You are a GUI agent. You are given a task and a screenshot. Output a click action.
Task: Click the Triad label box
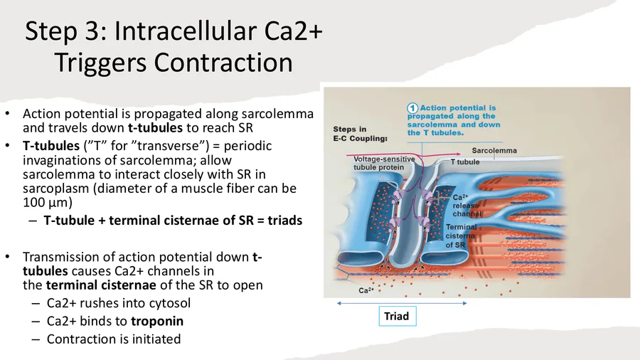[x=398, y=317]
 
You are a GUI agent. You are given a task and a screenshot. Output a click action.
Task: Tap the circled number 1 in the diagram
[x=412, y=108]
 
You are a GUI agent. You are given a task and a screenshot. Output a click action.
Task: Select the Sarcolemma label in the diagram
[x=494, y=151]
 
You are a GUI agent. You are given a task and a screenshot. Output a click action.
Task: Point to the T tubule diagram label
[x=465, y=162]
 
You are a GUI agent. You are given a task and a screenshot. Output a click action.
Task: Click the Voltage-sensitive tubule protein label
[x=384, y=163]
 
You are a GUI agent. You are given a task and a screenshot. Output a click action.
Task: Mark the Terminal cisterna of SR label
[x=462, y=236]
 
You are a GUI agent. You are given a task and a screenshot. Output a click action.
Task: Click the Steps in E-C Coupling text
[x=360, y=134]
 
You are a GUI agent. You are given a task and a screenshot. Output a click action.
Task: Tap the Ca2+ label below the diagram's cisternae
[x=366, y=290]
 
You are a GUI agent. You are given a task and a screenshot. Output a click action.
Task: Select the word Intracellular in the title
[x=186, y=31]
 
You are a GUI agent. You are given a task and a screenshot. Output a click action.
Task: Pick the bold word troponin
[x=157, y=321]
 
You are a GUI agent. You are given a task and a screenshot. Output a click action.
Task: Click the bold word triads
[x=285, y=221]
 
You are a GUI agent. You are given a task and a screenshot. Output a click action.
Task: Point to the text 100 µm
[x=48, y=203]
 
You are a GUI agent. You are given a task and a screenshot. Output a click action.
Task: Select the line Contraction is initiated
[x=114, y=339]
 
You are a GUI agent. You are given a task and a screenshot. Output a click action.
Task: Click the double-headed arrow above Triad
[x=402, y=303]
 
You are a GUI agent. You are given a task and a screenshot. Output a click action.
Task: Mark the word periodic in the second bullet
[x=247, y=146]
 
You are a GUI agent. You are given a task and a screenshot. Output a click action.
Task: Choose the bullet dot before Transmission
[x=7, y=257]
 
